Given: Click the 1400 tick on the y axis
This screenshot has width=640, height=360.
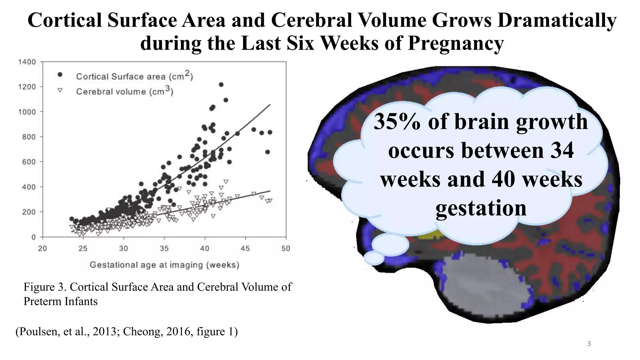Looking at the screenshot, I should tap(27, 62).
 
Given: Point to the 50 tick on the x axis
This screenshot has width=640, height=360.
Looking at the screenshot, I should tap(286, 248).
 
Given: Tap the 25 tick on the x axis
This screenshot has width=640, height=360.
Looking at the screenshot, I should tap(83, 248).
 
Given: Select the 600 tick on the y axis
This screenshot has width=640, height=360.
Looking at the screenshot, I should tap(29, 162).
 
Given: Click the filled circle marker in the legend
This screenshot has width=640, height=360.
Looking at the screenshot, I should tap(60, 74).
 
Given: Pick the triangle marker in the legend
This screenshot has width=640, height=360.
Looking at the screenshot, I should tap(60, 90).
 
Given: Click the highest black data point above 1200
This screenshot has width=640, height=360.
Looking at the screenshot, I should tap(221, 85).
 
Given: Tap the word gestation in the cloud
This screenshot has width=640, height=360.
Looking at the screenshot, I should tap(481, 208).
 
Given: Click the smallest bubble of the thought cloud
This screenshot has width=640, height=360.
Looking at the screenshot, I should tap(374, 258).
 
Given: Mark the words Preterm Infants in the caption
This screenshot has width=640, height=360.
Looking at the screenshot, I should tap(60, 301).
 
